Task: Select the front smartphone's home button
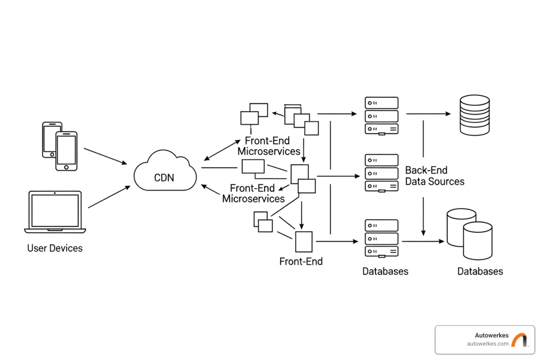click(x=66, y=167)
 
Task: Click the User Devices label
click(x=55, y=248)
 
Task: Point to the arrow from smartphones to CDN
click(x=105, y=156)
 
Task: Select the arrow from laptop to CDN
click(x=109, y=197)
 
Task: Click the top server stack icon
click(x=381, y=116)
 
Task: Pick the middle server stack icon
click(x=381, y=173)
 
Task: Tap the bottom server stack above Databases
click(x=381, y=238)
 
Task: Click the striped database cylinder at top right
click(x=475, y=115)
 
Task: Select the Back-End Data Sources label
click(x=435, y=176)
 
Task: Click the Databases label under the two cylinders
click(x=480, y=271)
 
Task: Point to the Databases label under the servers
click(x=385, y=271)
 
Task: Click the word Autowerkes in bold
click(x=491, y=335)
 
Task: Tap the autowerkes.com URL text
click(x=488, y=344)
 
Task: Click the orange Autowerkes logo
click(x=520, y=340)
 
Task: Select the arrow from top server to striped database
click(x=428, y=114)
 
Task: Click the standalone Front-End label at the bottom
click(x=301, y=262)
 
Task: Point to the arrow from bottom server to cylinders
click(x=423, y=242)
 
